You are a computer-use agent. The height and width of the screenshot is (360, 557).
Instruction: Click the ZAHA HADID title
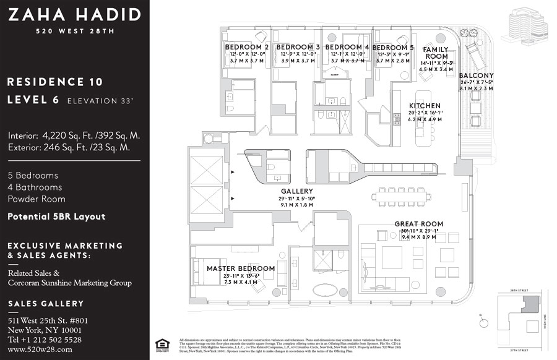pos(74,15)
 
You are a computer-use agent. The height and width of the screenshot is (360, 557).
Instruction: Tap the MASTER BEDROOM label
pos(241,268)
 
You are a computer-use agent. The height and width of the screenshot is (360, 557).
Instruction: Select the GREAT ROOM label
pos(419,224)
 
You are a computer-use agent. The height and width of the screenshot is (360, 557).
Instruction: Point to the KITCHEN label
pos(425,106)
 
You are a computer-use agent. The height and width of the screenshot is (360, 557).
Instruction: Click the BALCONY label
pos(477,76)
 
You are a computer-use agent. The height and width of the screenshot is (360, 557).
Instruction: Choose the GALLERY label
pos(296,191)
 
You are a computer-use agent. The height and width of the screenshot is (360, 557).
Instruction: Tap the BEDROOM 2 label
pos(246,47)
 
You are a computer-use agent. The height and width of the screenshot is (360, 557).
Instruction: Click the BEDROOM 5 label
pos(393,48)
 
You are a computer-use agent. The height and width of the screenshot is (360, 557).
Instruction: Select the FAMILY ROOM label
pos(436,53)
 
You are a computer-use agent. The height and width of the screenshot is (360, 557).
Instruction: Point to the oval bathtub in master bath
pos(326,289)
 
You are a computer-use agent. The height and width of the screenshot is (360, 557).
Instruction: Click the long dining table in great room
pos(401,197)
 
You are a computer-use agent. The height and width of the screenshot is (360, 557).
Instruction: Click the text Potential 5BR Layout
pos(56,216)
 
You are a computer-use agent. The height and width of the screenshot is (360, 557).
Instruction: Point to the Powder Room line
pos(37,199)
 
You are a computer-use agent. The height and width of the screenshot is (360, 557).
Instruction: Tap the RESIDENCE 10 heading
pos(55,82)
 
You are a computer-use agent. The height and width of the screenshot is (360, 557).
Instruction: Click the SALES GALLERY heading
pos(46,304)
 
